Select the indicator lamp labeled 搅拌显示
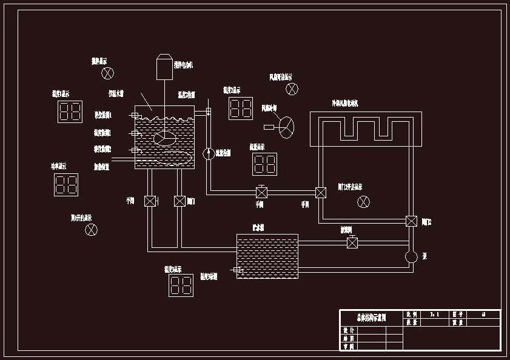107,73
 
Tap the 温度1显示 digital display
70,112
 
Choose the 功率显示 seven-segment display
66,184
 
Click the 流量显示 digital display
264,164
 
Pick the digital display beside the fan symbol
241,108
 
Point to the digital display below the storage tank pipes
181,285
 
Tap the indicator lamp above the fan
292,89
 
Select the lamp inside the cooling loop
363,201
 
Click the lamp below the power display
91,230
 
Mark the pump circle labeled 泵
411,256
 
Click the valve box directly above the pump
411,221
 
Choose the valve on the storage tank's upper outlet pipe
352,243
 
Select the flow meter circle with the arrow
208,153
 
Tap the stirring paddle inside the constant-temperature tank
165,138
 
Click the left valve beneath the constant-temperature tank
150,201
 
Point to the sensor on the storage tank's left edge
237,270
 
